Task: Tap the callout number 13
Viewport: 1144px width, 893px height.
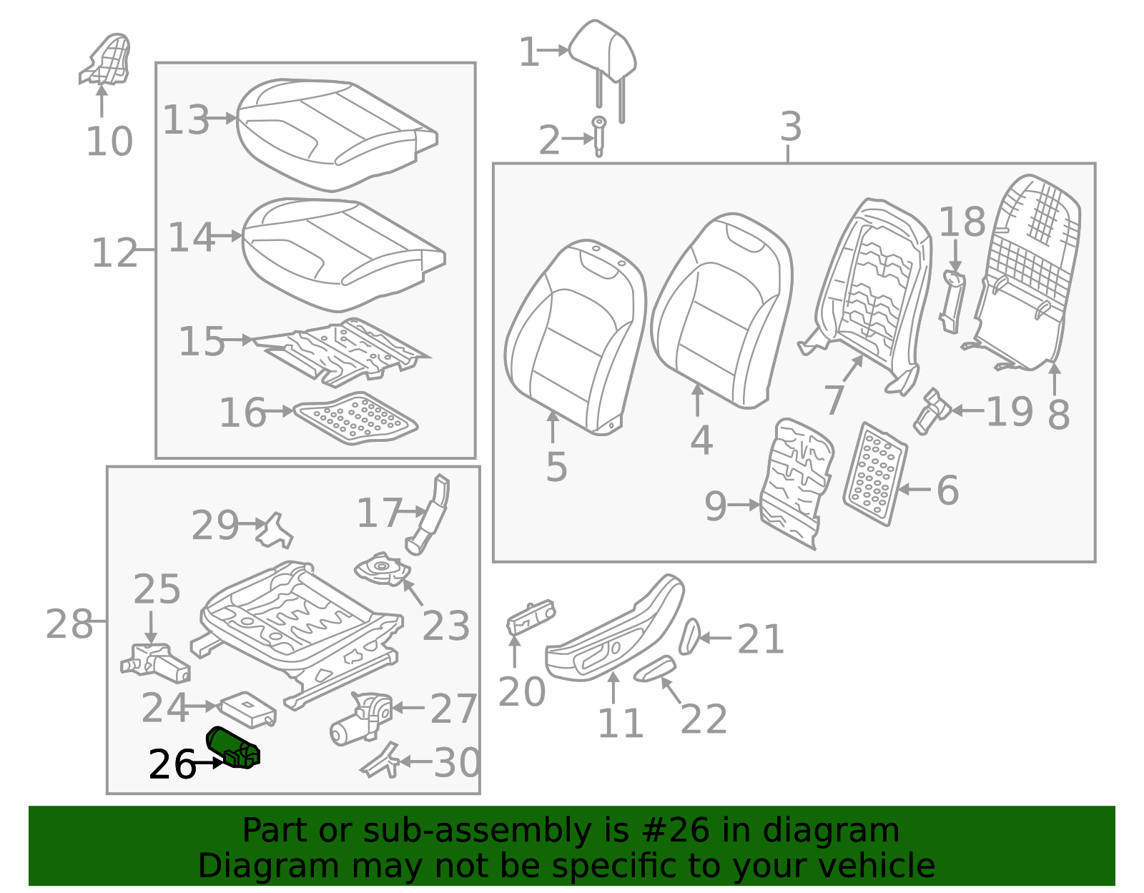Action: pos(186,119)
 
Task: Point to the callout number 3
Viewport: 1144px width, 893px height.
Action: pos(790,127)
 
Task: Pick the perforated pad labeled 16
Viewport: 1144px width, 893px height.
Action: pos(356,418)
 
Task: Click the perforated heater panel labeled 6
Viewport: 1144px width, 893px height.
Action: pos(875,474)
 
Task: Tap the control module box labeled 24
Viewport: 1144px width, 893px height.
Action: pos(247,708)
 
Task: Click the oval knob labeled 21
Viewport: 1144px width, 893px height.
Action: pos(690,636)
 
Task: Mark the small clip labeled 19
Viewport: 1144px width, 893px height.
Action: pos(932,412)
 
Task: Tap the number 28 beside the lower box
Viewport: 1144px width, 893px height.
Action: pos(69,624)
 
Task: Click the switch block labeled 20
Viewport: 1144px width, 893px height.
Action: pos(530,617)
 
